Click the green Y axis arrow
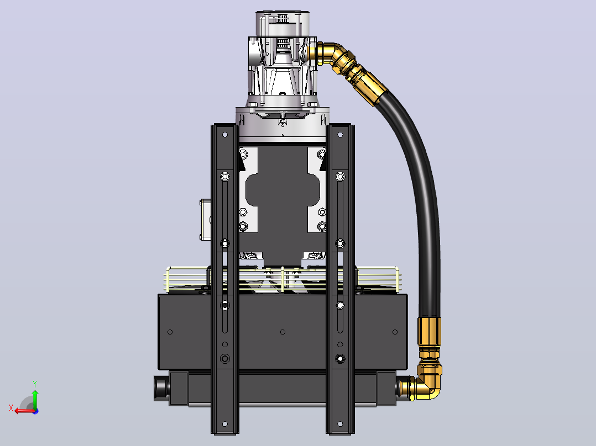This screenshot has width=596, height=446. tap(35, 399)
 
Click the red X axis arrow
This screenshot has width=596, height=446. tap(24, 411)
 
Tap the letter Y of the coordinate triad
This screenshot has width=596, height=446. tap(35, 384)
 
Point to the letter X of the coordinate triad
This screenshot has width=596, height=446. tap(11, 408)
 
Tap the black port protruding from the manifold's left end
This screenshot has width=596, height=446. tap(161, 388)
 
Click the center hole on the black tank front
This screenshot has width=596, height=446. tap(283, 332)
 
